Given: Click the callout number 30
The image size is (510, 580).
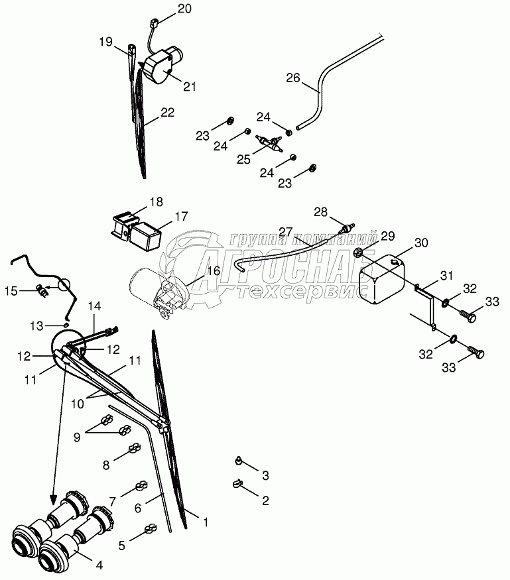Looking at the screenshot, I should click(x=422, y=243).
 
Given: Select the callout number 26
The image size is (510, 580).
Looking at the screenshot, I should click(x=293, y=78).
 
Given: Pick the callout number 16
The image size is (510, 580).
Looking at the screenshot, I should click(x=213, y=270).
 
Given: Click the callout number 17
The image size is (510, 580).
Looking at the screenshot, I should click(x=181, y=216).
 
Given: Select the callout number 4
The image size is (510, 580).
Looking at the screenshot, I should click(x=100, y=565).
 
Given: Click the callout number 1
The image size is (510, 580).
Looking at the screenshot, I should click(x=206, y=522).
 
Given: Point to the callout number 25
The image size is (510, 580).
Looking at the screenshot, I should click(x=245, y=159).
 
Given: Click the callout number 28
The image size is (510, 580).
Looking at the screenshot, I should click(x=321, y=212).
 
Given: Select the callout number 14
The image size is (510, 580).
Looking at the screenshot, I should click(x=94, y=306).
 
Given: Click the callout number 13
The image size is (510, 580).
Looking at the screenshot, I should click(x=38, y=325).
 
